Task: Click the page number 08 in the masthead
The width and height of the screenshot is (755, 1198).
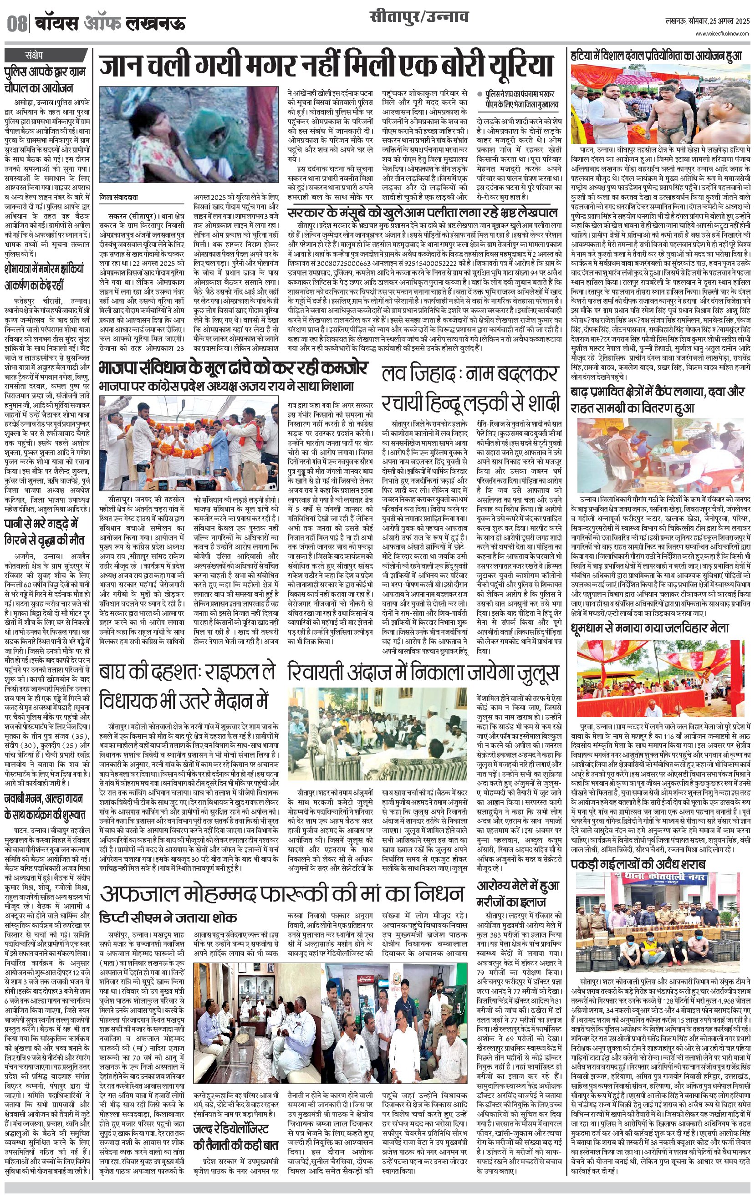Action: pos(17,23)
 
